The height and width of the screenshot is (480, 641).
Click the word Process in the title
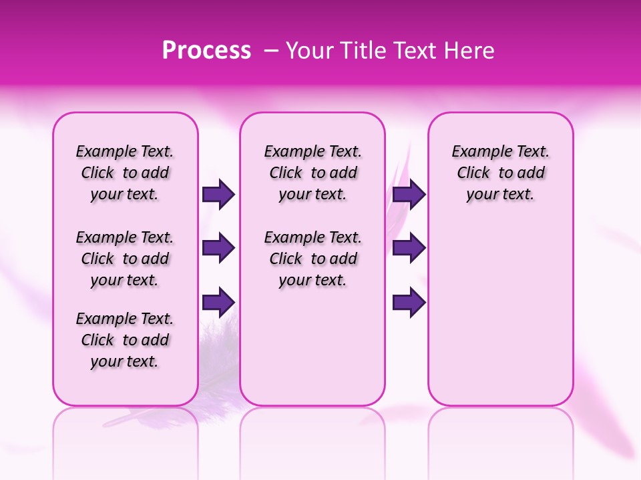pos(206,51)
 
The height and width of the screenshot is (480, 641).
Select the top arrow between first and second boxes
pos(218,194)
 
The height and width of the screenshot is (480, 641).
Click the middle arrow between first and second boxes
pos(218,248)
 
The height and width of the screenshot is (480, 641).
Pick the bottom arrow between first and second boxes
pos(218,302)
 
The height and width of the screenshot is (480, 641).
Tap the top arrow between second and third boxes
pos(409,194)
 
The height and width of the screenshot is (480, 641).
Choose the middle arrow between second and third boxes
pos(409,248)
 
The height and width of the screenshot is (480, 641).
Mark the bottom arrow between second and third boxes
pos(409,302)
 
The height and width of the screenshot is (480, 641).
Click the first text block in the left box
pos(125,173)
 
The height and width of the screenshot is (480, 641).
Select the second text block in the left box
pos(125,259)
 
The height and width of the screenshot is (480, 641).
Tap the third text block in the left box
pos(125,340)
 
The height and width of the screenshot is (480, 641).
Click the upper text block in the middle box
pos(312,173)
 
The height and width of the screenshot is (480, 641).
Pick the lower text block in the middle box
pos(312,259)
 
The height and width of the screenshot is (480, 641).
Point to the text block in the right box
pos(500,173)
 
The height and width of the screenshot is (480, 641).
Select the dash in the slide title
pos(271,51)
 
